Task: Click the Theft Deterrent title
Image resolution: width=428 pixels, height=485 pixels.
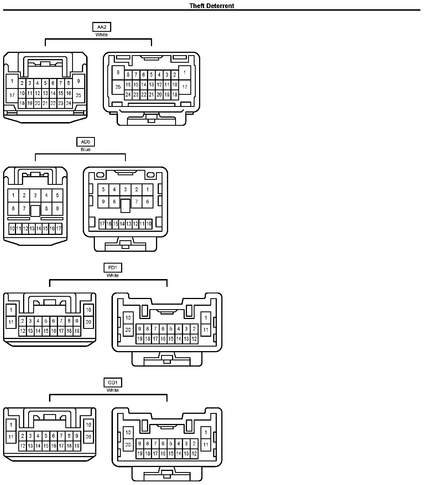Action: pyautogui.click(x=211, y=6)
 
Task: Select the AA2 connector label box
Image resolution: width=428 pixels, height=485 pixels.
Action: pyautogui.click(x=102, y=27)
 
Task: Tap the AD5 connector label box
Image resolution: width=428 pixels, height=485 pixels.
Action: pyautogui.click(x=86, y=142)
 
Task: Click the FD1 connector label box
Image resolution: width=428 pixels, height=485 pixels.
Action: pyautogui.click(x=113, y=268)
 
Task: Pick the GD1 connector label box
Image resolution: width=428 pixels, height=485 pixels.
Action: pyautogui.click(x=113, y=383)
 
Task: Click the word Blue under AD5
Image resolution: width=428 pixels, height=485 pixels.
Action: pyautogui.click(x=86, y=149)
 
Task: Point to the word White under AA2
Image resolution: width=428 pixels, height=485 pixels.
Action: pyautogui.click(x=102, y=35)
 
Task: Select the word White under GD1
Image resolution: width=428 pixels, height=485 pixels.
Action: pyautogui.click(x=113, y=390)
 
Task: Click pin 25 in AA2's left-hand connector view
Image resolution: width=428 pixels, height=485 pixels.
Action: pyautogui.click(x=78, y=95)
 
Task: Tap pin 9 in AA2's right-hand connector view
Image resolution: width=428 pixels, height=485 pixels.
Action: pyautogui.click(x=118, y=72)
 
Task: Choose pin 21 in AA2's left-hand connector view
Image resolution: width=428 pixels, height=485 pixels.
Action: pyautogui.click(x=45, y=103)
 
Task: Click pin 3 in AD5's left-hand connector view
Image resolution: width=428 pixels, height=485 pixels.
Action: pyautogui.click(x=35, y=195)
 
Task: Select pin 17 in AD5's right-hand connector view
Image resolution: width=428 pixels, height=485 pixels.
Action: pyautogui.click(x=102, y=224)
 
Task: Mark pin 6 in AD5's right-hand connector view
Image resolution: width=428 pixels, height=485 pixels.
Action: pyautogui.click(x=148, y=201)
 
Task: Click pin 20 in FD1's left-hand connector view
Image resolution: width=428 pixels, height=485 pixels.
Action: pyautogui.click(x=88, y=322)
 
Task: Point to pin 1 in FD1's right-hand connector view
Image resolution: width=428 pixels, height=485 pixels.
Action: pyautogui.click(x=206, y=318)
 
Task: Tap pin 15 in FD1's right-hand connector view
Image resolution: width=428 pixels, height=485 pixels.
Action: pyautogui.click(x=171, y=339)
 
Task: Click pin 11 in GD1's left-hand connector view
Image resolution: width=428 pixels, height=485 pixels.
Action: pyautogui.click(x=11, y=437)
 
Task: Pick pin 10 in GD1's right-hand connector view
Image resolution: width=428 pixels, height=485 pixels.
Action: pyautogui.click(x=128, y=432)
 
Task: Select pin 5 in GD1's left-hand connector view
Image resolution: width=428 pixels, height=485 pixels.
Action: pyautogui.click(x=46, y=436)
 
